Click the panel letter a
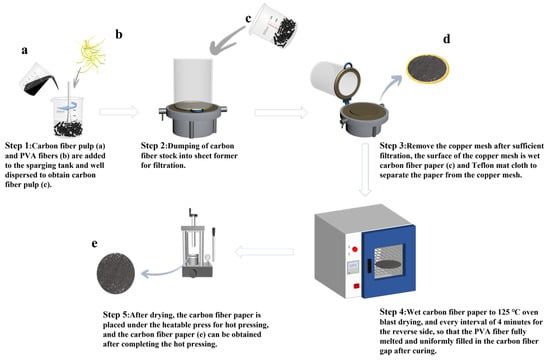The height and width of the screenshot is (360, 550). [24, 51]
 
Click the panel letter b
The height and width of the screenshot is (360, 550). [119, 34]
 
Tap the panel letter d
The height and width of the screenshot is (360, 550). [447, 39]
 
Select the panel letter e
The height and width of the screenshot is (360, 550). [94, 244]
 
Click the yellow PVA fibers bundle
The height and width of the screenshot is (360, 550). [91, 54]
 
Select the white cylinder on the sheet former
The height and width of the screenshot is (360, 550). [193, 81]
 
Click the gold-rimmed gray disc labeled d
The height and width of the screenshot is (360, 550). [428, 69]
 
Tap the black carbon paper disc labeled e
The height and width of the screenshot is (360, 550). [116, 273]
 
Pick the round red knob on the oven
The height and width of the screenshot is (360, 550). [355, 249]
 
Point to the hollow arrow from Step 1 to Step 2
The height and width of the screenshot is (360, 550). [119, 112]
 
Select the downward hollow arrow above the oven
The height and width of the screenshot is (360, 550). [365, 169]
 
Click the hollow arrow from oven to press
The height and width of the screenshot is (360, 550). [264, 252]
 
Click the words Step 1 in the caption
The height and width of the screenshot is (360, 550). [19, 146]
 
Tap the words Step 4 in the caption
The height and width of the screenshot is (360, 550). [393, 312]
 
